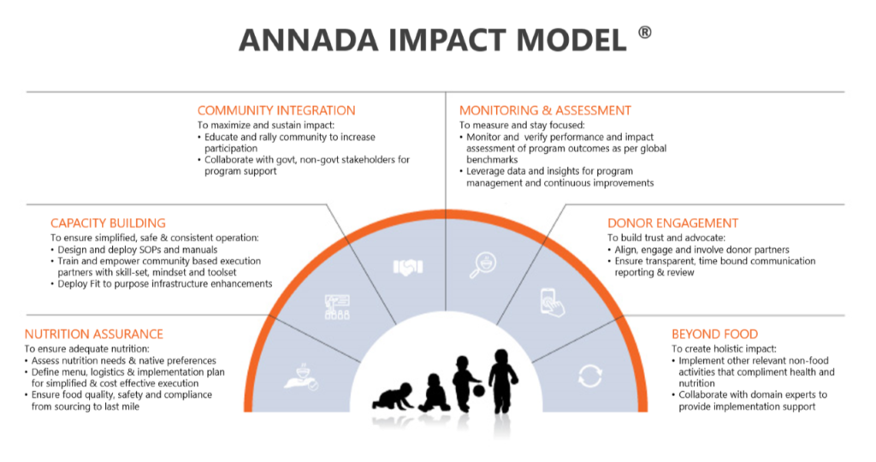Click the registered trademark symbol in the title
pyautogui.click(x=645, y=33)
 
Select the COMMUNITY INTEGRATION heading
pyautogui.click(x=276, y=110)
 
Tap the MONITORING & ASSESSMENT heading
pyautogui.click(x=545, y=110)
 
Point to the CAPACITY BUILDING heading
pyautogui.click(x=108, y=223)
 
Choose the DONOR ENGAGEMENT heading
pyautogui.click(x=672, y=223)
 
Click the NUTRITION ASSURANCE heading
pyautogui.click(x=94, y=334)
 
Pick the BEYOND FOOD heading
pyautogui.click(x=714, y=334)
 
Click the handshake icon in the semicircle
pyautogui.click(x=408, y=268)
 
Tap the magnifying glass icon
pyautogui.click(x=482, y=265)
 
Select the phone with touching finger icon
pyautogui.click(x=552, y=303)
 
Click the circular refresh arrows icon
pyautogui.click(x=589, y=376)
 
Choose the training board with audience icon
pyautogui.click(x=337, y=307)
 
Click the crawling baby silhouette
pyautogui.click(x=394, y=396)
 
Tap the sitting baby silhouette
pyautogui.click(x=434, y=394)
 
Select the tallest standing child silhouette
pyautogui.click(x=503, y=381)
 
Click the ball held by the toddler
pyautogui.click(x=479, y=390)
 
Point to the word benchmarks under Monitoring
pyautogui.click(x=492, y=160)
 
